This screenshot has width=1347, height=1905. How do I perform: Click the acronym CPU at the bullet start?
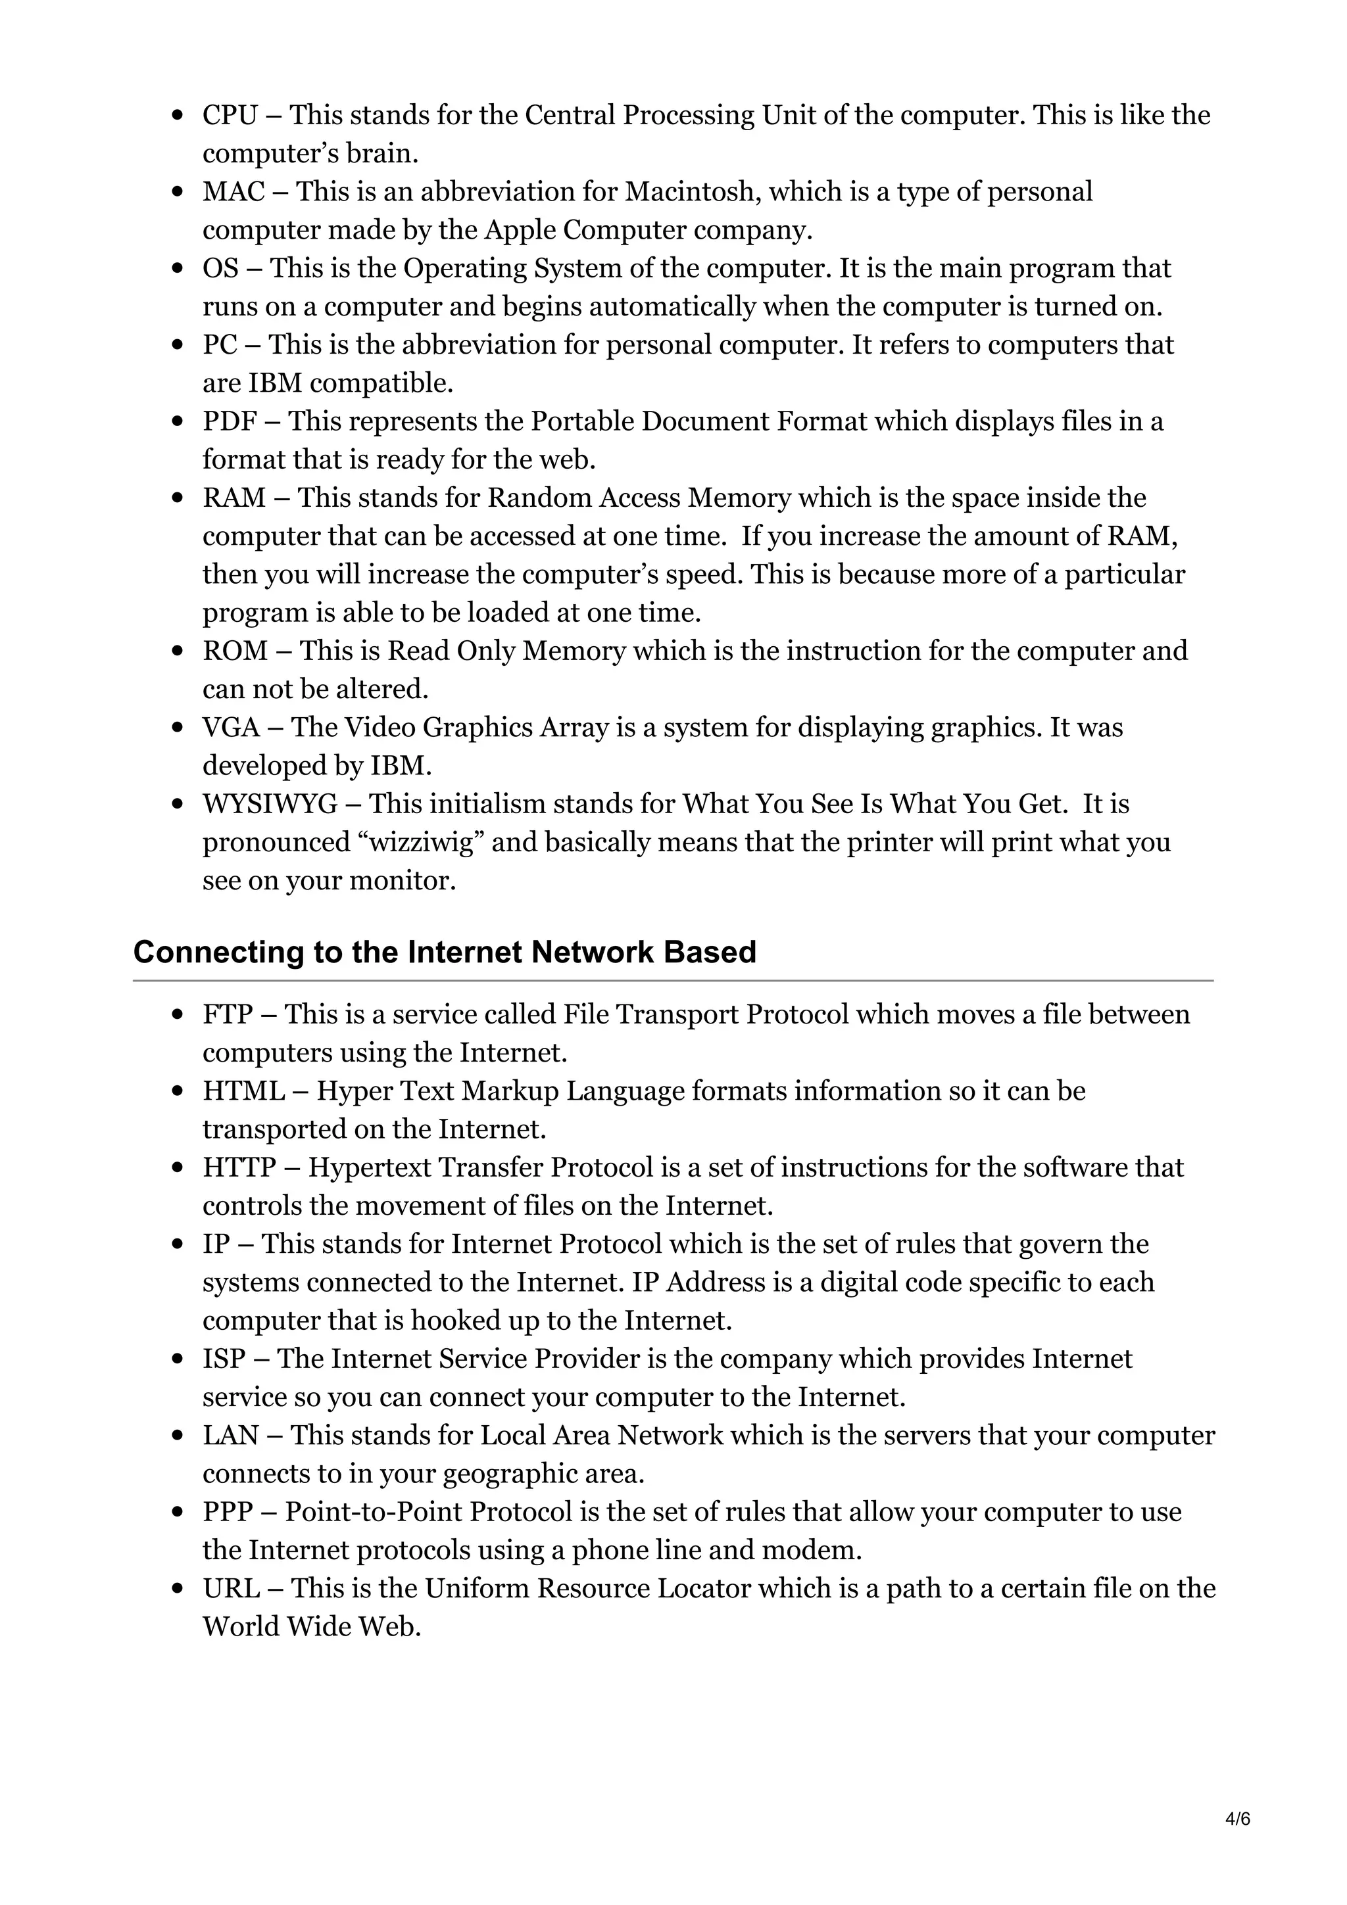click(x=230, y=115)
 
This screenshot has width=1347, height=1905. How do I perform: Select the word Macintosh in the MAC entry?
click(x=691, y=192)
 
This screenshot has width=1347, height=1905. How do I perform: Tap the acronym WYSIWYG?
click(x=270, y=804)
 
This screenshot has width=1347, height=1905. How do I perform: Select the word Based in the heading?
click(x=710, y=952)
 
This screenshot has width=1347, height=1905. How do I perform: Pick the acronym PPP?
click(x=228, y=1512)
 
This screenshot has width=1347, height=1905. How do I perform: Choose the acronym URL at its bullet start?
click(x=231, y=1588)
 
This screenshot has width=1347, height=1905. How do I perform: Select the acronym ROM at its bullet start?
click(x=235, y=651)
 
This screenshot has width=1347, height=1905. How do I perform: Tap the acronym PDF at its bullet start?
click(x=229, y=421)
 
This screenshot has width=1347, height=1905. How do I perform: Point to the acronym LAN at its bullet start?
click(x=230, y=1436)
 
